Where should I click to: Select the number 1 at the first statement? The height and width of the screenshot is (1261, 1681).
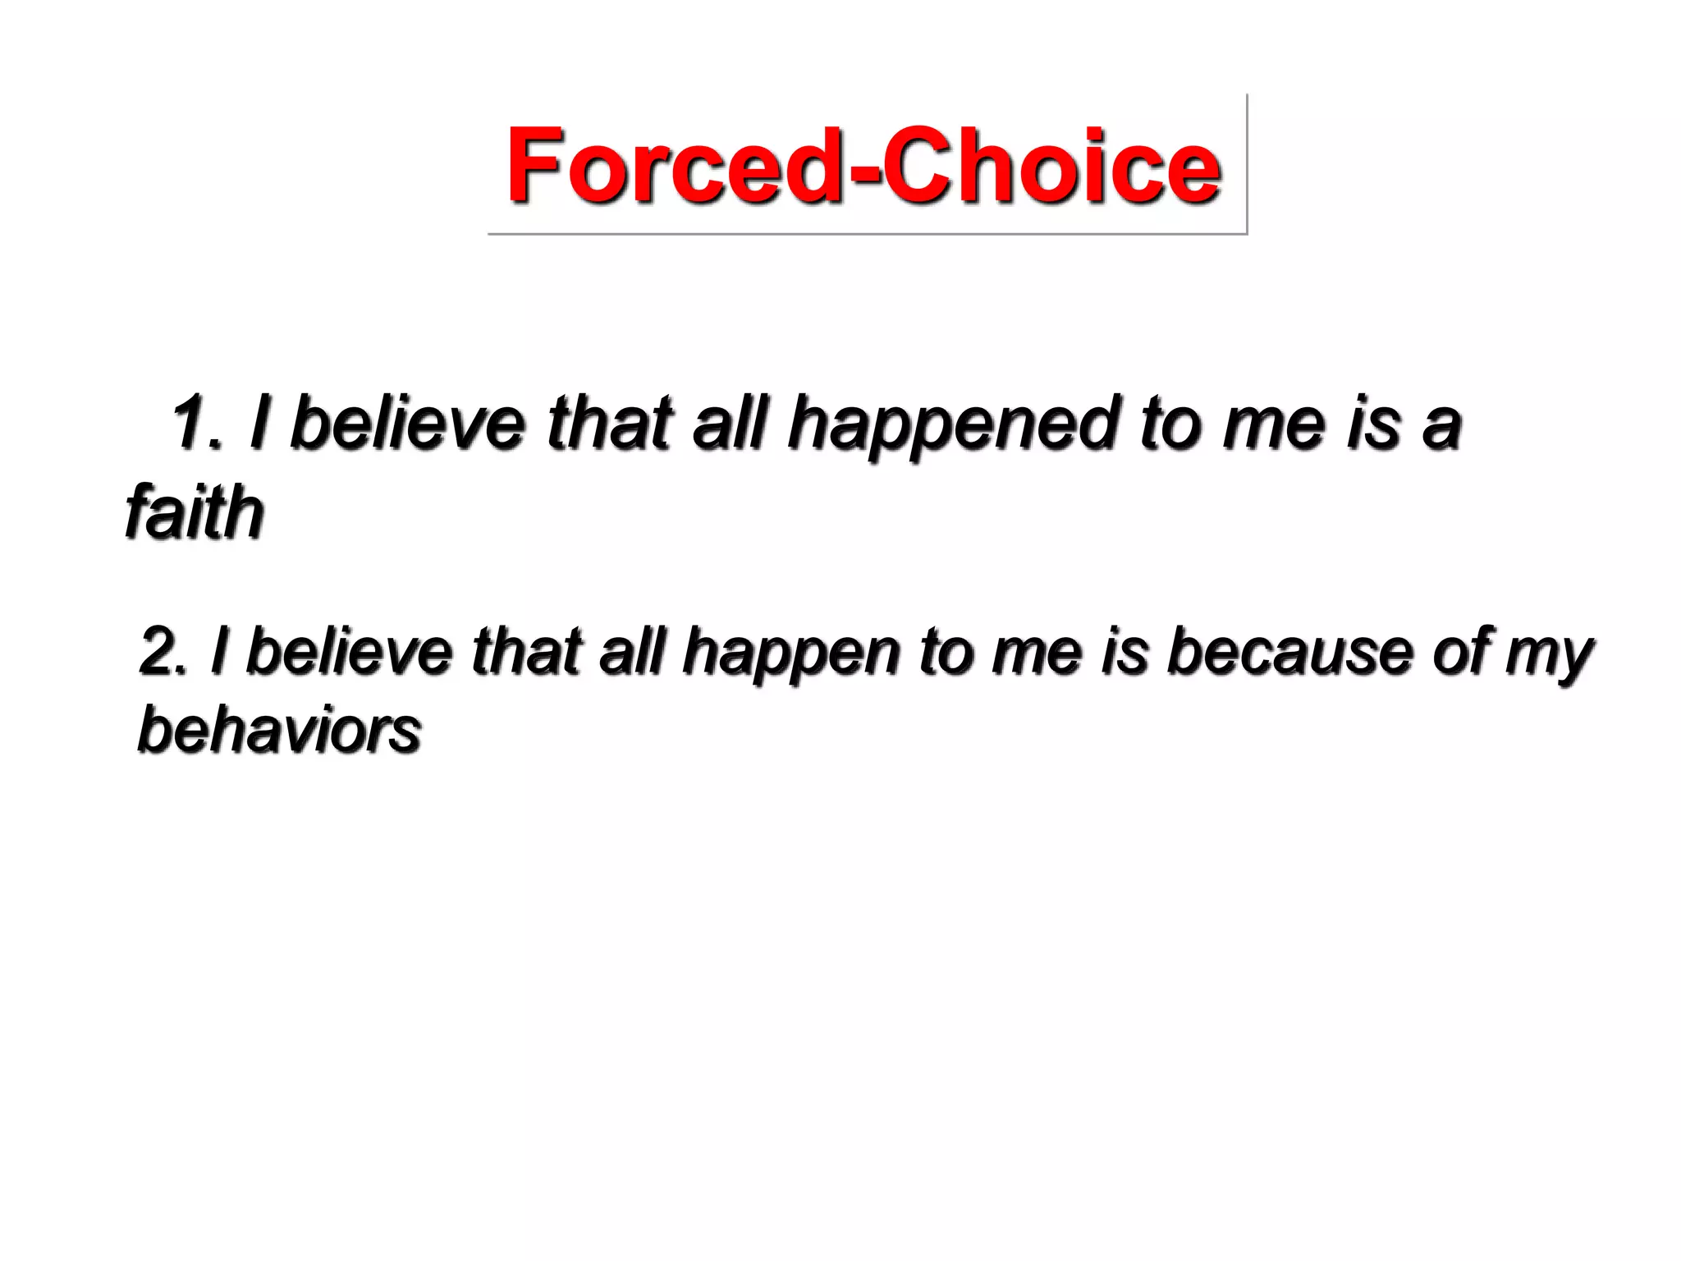pos(190,424)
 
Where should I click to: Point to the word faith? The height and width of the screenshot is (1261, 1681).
pos(195,512)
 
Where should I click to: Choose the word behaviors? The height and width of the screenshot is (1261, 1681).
pos(279,730)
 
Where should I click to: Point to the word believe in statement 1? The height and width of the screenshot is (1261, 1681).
pos(408,424)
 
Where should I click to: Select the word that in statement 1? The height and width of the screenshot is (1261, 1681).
pos(610,424)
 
